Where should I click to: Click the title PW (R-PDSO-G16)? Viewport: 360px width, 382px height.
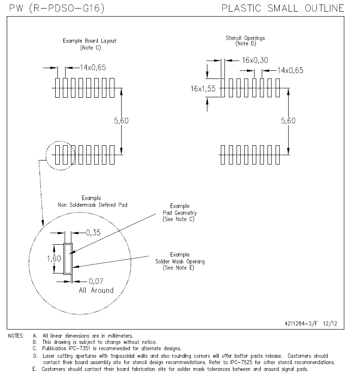click(x=57, y=8)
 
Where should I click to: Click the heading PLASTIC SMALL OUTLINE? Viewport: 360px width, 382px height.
click(x=283, y=8)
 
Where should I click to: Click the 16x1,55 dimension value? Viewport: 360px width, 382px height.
click(x=203, y=89)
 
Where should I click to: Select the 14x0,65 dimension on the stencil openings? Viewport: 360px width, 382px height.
click(x=290, y=70)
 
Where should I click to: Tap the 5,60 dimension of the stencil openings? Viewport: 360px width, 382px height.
click(x=288, y=121)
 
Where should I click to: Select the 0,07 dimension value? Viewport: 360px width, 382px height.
click(x=96, y=281)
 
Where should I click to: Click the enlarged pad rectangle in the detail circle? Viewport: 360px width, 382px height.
click(x=68, y=259)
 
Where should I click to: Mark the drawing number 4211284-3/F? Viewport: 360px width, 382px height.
click(x=301, y=323)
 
